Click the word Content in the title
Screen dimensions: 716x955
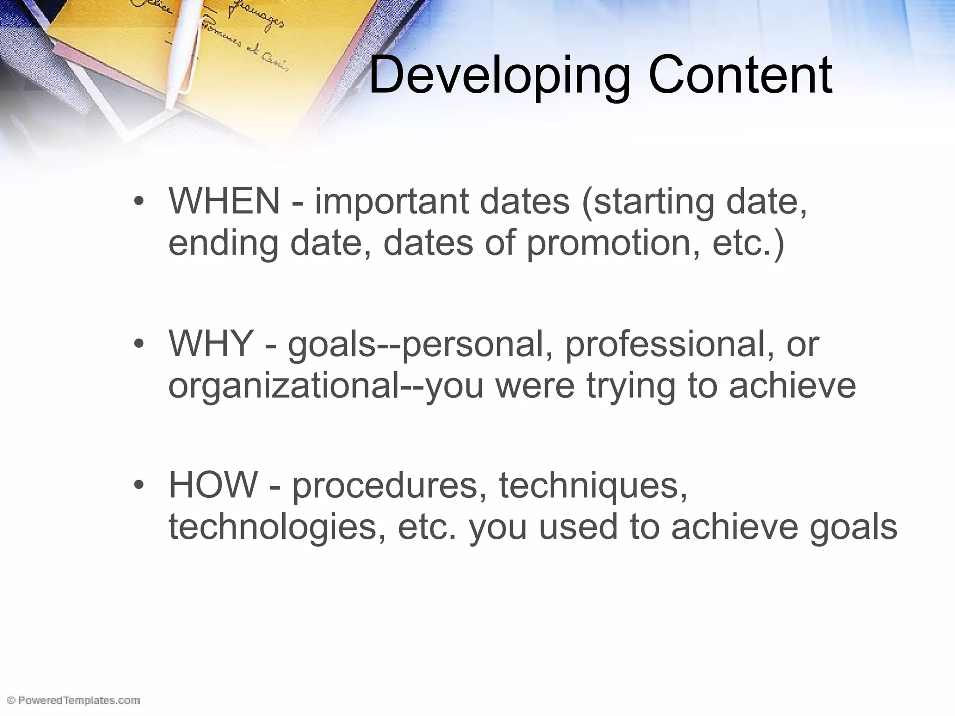click(x=740, y=75)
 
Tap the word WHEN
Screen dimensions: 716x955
click(x=224, y=201)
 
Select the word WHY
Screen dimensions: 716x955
click(x=211, y=344)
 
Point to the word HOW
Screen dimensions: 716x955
click(x=213, y=485)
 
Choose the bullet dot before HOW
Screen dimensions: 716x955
click(x=138, y=485)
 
